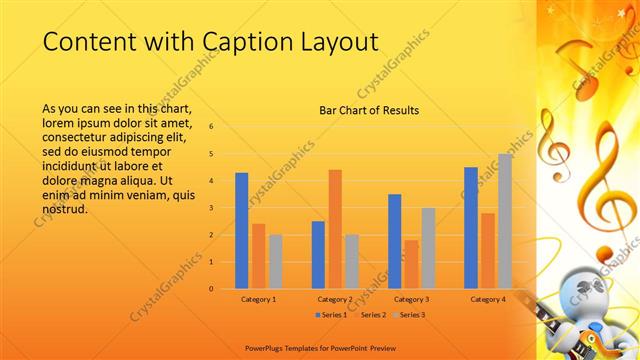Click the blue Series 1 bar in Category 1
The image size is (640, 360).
point(241,231)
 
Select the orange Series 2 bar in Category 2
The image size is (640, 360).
point(335,229)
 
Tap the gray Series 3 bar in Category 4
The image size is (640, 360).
point(504,221)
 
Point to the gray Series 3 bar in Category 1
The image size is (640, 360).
point(275,261)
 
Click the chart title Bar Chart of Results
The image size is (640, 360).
point(369,110)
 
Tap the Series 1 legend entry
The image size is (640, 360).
point(333,315)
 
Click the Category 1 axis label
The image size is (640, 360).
point(259,299)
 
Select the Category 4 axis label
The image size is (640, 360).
point(487,299)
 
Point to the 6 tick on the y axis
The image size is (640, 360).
point(211,127)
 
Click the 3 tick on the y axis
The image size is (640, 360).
point(211,208)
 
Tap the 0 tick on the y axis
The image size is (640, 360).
point(211,289)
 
